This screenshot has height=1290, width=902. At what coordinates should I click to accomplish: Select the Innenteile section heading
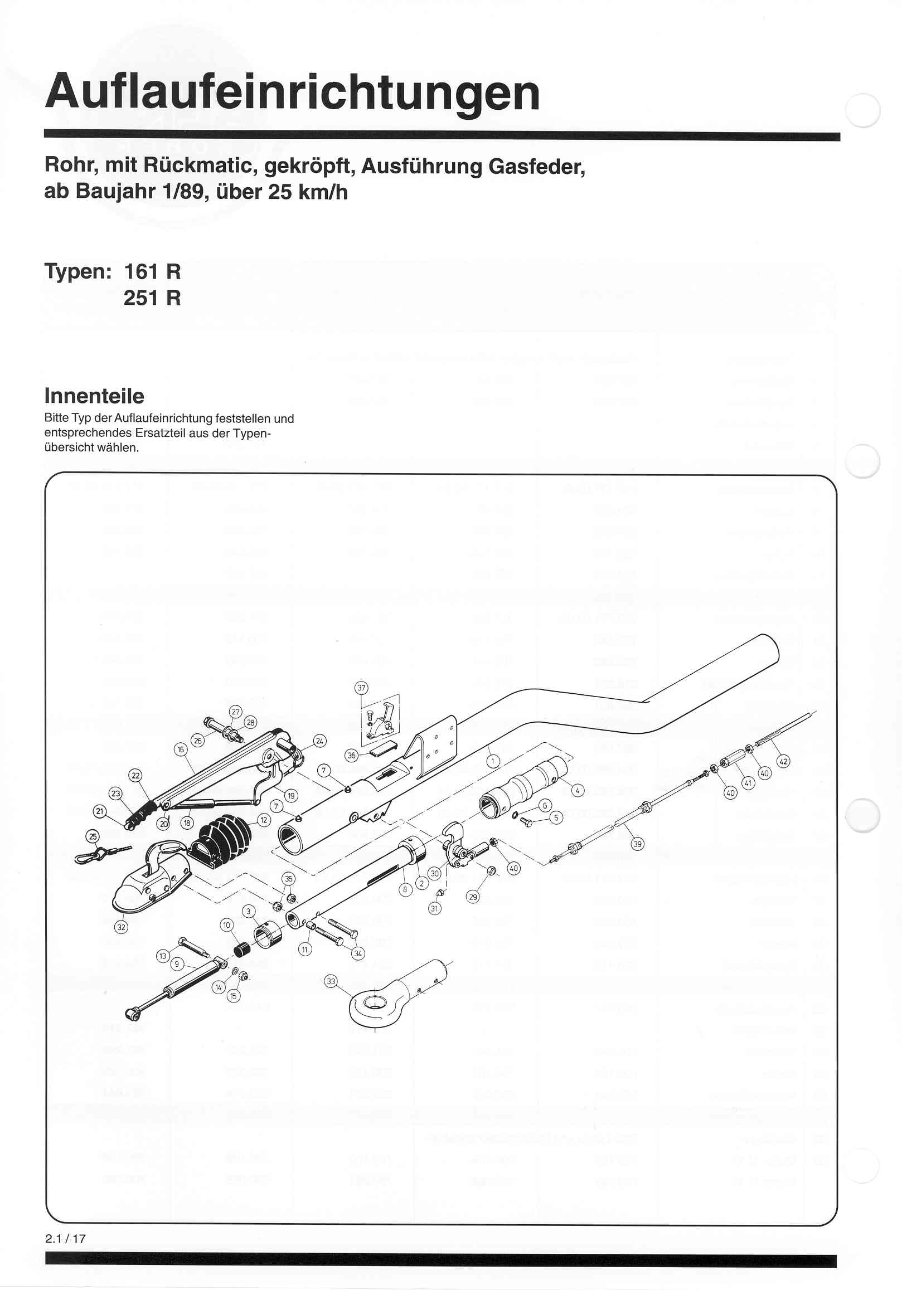[94, 396]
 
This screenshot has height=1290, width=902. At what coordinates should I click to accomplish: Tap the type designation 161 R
[152, 272]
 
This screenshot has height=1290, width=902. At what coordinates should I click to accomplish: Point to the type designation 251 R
[152, 298]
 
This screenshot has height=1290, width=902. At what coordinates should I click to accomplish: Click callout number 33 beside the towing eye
[331, 981]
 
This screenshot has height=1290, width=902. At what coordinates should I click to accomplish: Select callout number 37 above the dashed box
[361, 688]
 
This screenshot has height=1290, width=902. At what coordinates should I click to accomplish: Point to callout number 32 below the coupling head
[121, 927]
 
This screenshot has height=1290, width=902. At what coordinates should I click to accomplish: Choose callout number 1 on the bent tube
[492, 761]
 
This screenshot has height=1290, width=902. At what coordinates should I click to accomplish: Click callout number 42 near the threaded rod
[783, 761]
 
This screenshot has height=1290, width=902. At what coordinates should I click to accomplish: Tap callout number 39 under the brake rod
[637, 843]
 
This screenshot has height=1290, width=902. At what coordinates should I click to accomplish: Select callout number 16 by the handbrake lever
[180, 749]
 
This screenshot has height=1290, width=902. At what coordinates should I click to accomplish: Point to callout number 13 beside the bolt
[162, 955]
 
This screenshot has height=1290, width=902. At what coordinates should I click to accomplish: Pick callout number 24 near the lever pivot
[319, 741]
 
